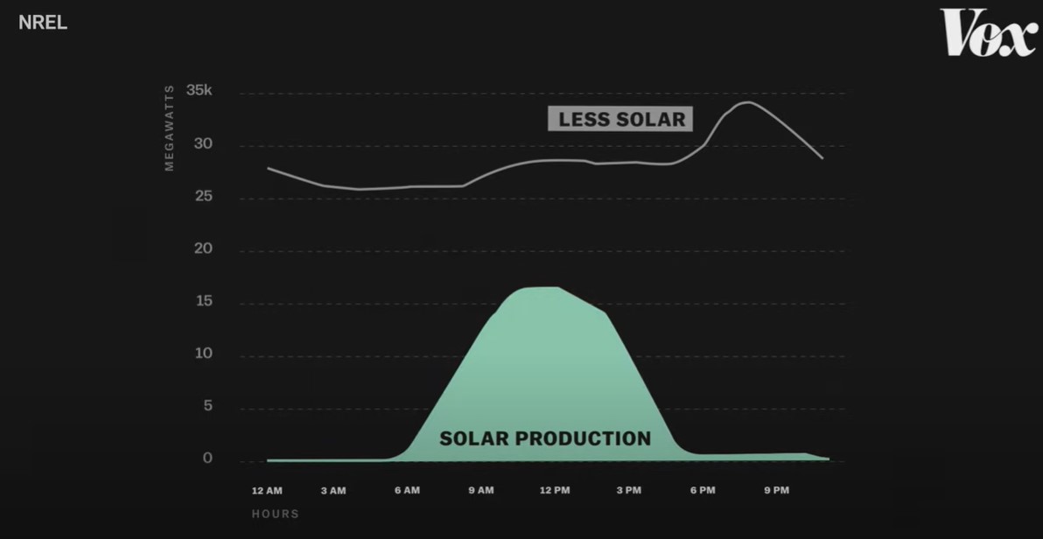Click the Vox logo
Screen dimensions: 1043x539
coord(989,32)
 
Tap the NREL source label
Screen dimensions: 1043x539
coord(43,23)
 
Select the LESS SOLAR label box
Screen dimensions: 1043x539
coord(620,119)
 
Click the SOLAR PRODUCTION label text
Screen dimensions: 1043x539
coord(545,438)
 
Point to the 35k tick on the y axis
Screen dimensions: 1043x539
coord(199,90)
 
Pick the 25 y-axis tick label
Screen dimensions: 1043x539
coord(203,196)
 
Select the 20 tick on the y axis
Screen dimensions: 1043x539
coord(203,248)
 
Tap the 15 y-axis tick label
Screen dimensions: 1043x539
coord(203,302)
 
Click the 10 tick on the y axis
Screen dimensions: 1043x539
coord(203,353)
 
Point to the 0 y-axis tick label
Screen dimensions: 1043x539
coord(207,458)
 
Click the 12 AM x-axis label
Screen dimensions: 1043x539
coord(267,491)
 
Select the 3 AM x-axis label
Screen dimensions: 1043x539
coord(333,491)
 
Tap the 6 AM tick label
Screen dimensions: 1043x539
coord(407,491)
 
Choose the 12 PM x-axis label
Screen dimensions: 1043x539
coord(555,491)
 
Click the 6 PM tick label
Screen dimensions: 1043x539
coord(703,491)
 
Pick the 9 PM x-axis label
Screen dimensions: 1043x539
coord(776,491)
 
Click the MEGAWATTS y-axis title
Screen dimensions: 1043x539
coord(169,128)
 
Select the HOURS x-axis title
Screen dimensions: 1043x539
coord(276,514)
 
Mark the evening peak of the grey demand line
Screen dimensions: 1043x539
coord(747,102)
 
